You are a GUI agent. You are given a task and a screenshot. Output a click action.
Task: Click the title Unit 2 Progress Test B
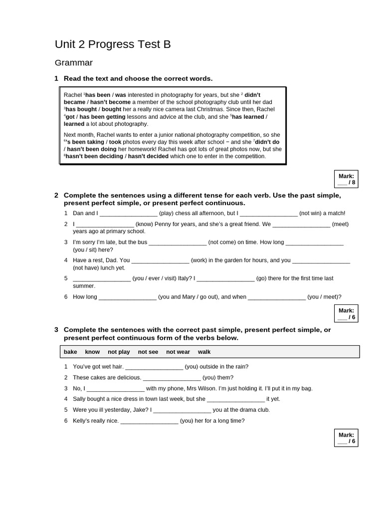113,44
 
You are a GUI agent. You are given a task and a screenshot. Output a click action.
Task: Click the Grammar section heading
73,63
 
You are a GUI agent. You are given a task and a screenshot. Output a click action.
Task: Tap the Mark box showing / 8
346,179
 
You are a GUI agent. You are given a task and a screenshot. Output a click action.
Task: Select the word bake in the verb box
70,352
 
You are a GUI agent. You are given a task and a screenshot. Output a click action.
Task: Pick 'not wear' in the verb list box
178,352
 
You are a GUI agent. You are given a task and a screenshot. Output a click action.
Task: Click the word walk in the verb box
204,352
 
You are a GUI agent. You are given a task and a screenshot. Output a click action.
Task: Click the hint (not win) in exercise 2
312,213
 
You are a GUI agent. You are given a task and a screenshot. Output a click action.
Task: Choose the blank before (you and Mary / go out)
128,296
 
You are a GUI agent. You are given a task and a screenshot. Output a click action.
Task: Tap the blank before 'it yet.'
235,399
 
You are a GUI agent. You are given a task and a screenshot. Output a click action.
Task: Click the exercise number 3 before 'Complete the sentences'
56,330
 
